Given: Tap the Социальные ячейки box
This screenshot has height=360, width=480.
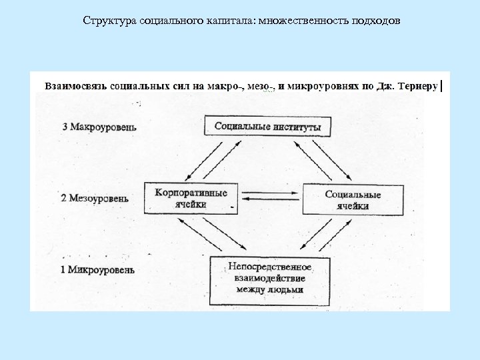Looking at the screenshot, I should [x=353, y=200].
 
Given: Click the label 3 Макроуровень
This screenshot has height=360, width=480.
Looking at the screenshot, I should [x=99, y=127].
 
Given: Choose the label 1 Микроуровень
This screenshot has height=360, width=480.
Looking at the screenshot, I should [x=98, y=270].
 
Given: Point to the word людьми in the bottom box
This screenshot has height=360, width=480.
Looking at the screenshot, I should [x=288, y=290].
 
